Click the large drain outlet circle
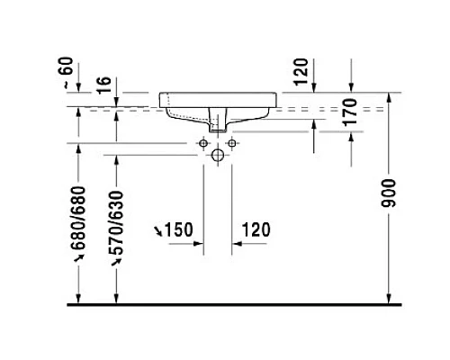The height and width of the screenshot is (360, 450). coord(218,155)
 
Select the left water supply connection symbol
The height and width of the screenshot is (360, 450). coord(204,143)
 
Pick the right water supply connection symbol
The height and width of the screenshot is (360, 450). coord(231,143)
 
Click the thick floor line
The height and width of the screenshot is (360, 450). coord(234,306)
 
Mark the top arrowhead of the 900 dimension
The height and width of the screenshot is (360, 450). coord(389,95)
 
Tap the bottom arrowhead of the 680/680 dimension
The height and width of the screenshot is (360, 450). coord(80,301)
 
